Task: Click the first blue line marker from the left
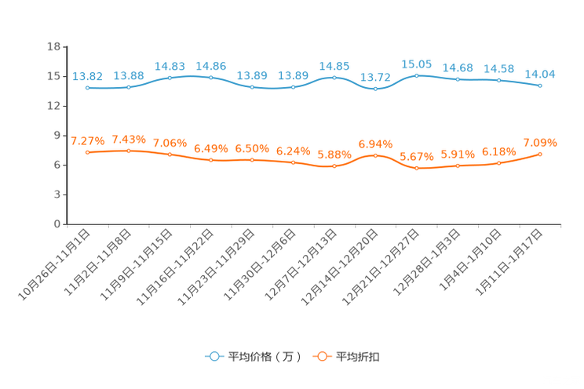[88, 87]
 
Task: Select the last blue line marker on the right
[540, 85]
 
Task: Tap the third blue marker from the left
[170, 77]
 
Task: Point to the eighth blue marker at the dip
[376, 89]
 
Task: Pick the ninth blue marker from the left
[417, 75]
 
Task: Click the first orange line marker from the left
[88, 152]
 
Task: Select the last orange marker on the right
[540, 154]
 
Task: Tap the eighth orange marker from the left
[376, 155]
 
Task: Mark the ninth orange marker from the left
[417, 168]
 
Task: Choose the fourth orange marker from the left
[211, 160]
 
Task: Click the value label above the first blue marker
[88, 76]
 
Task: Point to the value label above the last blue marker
[540, 74]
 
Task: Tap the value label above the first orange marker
[88, 141]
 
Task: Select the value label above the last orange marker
[540, 143]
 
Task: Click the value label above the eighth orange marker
[376, 144]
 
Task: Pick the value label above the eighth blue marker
[376, 78]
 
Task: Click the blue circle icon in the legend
[214, 356]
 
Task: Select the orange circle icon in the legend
[320, 356]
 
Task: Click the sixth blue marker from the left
[294, 86]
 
